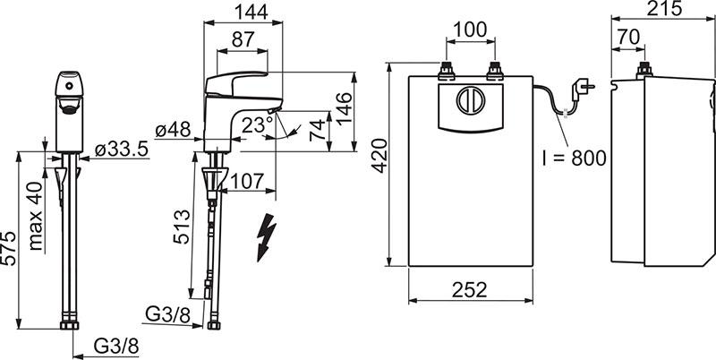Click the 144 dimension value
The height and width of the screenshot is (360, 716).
pyautogui.click(x=251, y=12)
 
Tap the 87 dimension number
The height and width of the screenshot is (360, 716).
pyautogui.click(x=242, y=39)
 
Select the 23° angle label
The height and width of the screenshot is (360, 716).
pyautogui.click(x=257, y=124)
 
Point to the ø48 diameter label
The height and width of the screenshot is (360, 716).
pyautogui.click(x=173, y=130)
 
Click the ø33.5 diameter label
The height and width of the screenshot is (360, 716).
pyautogui.click(x=122, y=149)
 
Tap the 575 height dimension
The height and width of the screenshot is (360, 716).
pyautogui.click(x=8, y=248)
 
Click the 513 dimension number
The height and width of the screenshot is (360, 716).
pyautogui.click(x=182, y=227)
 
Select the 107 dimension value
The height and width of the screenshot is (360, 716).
pyautogui.click(x=247, y=182)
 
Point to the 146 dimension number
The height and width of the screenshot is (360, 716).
pyautogui.click(x=345, y=109)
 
